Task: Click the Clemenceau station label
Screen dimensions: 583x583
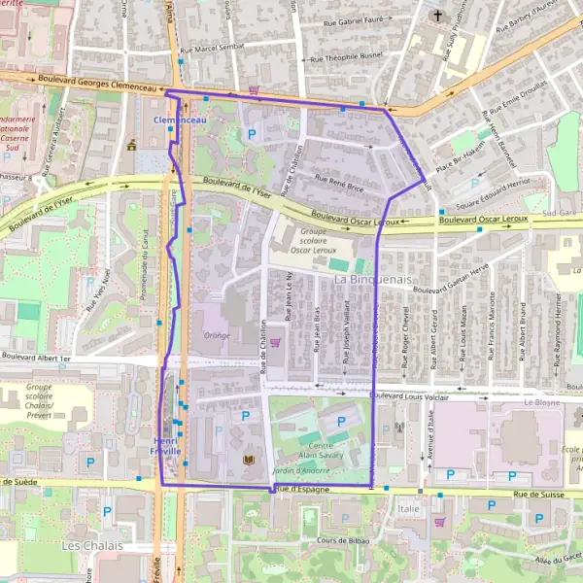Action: [180, 120]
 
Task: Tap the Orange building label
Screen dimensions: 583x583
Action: [216, 336]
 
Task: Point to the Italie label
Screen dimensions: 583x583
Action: [408, 508]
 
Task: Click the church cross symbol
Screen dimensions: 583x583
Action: [438, 17]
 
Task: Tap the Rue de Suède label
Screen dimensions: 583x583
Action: [19, 481]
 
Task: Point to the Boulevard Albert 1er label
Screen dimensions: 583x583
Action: [36, 359]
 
